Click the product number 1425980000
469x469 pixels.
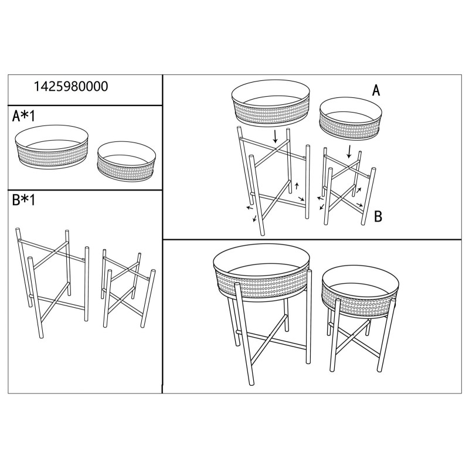tap(72, 86)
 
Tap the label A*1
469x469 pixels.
tap(24, 116)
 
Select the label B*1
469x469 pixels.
tap(24, 200)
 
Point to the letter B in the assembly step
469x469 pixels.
tap(378, 216)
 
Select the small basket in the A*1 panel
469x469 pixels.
tap(127, 162)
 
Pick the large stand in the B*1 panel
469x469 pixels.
tap(53, 276)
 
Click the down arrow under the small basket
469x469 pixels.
tap(349, 151)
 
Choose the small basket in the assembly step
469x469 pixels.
tap(348, 121)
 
